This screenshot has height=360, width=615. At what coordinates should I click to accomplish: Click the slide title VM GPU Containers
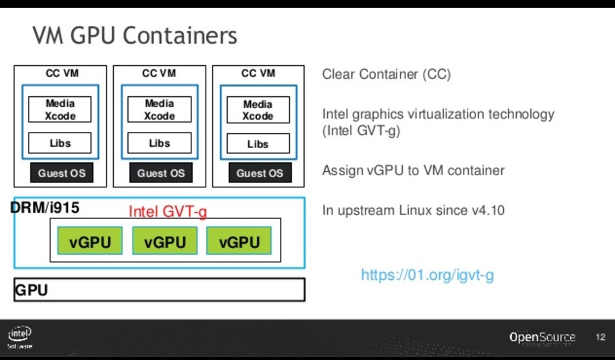(135, 36)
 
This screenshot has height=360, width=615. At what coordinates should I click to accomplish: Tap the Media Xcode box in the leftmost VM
(60, 110)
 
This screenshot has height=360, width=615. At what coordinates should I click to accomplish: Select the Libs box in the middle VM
(159, 143)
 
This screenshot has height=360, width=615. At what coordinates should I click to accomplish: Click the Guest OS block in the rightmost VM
(259, 173)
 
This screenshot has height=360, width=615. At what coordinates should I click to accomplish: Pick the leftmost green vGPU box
(90, 242)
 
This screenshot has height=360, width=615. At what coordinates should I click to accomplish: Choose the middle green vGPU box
(165, 242)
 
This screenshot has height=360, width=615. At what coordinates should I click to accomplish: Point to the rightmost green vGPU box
(239, 242)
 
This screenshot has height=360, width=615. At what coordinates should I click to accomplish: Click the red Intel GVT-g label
(167, 211)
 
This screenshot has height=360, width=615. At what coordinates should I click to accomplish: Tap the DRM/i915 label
(45, 208)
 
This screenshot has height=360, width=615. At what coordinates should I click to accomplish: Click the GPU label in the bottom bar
(32, 290)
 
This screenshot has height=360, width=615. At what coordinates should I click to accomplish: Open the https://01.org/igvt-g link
(427, 275)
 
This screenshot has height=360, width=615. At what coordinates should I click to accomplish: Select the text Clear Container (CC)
(386, 74)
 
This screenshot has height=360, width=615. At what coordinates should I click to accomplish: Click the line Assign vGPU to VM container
(413, 171)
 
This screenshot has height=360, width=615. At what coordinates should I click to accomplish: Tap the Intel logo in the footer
(20, 335)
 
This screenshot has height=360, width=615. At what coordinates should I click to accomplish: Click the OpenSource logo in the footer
(542, 337)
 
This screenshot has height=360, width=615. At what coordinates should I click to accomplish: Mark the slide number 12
(600, 337)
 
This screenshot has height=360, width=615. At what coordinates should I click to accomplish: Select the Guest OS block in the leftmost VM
(61, 173)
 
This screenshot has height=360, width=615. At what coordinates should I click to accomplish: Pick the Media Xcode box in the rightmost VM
(258, 111)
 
